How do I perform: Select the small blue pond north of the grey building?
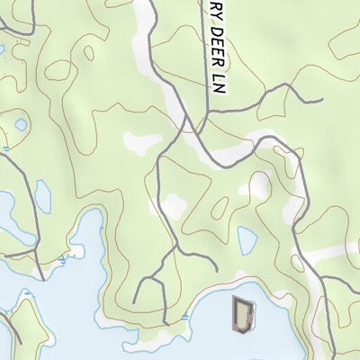(x=247, y=238)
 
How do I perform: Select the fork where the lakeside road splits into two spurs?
(x=163, y=261)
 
